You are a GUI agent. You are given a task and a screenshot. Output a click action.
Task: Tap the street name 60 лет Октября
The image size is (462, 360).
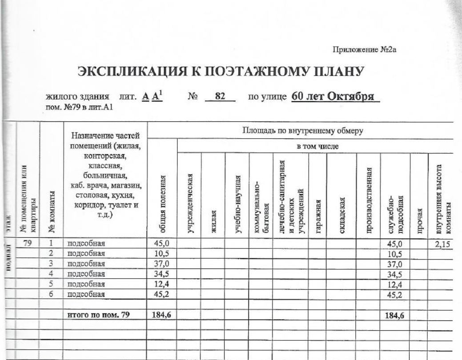[334, 97]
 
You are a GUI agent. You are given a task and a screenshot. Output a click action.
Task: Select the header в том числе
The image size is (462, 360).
[315, 146]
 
